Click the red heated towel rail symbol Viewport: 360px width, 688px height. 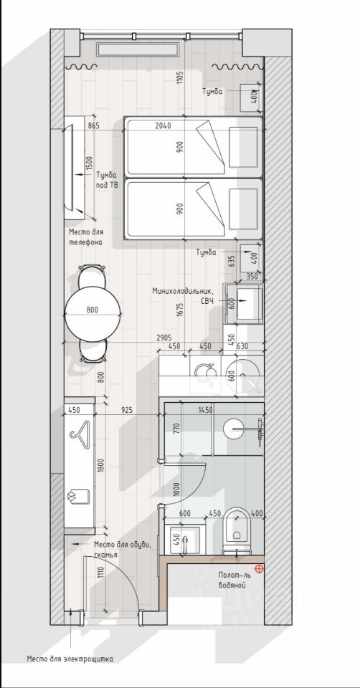click(260, 569)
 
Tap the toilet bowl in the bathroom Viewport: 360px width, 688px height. click(236, 529)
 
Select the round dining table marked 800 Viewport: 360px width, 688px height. click(93, 314)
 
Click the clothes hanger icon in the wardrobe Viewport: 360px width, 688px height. click(80, 435)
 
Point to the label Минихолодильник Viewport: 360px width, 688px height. click(184, 291)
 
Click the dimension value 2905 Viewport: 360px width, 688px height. click(164, 338)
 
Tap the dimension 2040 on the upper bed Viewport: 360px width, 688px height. click(164, 126)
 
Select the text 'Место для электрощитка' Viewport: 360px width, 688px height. click(70, 659)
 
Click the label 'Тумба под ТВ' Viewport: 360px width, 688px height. click(107, 180)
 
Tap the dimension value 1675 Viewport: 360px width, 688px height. click(181, 310)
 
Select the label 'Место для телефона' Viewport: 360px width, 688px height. click(86, 237)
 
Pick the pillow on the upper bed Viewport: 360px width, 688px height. click(243, 147)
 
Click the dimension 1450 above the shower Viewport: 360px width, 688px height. click(206, 410)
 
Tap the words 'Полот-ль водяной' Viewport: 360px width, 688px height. click(232, 580)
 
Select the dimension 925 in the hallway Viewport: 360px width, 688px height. click(127, 410)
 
